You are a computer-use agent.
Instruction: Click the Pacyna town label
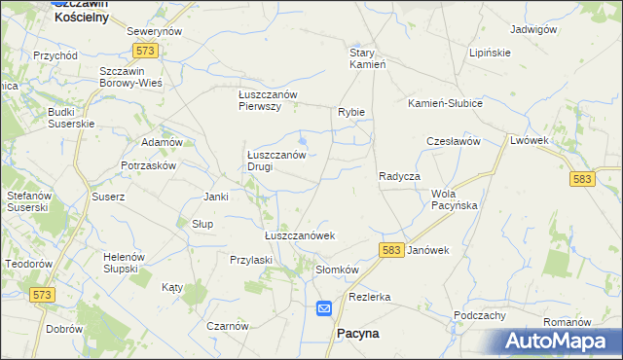[357, 333]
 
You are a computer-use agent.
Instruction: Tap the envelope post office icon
[324, 308]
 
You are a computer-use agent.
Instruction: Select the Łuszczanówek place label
[300, 235]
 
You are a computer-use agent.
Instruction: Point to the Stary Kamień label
[369, 58]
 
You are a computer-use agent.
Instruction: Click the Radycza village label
[398, 176]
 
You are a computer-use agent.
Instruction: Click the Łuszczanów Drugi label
[276, 161]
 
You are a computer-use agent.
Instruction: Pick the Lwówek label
[531, 140]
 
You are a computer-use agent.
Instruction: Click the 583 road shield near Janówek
[391, 250]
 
